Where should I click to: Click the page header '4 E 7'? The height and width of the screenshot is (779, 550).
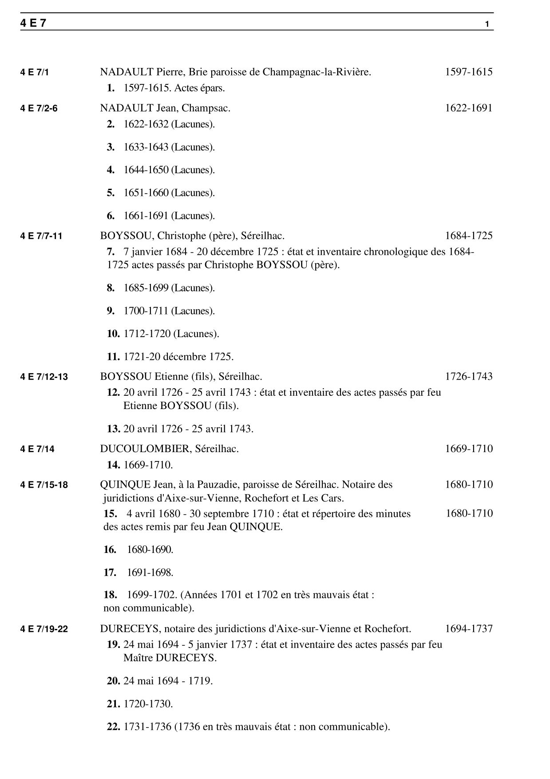33,24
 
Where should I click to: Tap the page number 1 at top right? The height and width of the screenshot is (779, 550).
487,24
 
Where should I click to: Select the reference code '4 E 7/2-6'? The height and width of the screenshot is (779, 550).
39,108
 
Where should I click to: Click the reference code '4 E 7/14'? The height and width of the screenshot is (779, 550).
37,449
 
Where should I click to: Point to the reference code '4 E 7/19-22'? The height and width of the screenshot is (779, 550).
44,629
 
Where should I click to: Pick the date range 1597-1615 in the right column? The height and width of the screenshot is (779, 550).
469,72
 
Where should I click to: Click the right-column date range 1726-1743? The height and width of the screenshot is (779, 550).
469,377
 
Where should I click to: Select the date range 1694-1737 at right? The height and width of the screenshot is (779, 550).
469,629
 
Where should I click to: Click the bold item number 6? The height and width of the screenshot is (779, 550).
111,216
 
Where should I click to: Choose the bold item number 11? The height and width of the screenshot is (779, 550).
113,357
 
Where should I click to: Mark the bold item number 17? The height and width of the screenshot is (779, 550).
110,573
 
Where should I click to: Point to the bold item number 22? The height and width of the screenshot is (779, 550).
113,727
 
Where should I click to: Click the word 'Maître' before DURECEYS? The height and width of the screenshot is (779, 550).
138,658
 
